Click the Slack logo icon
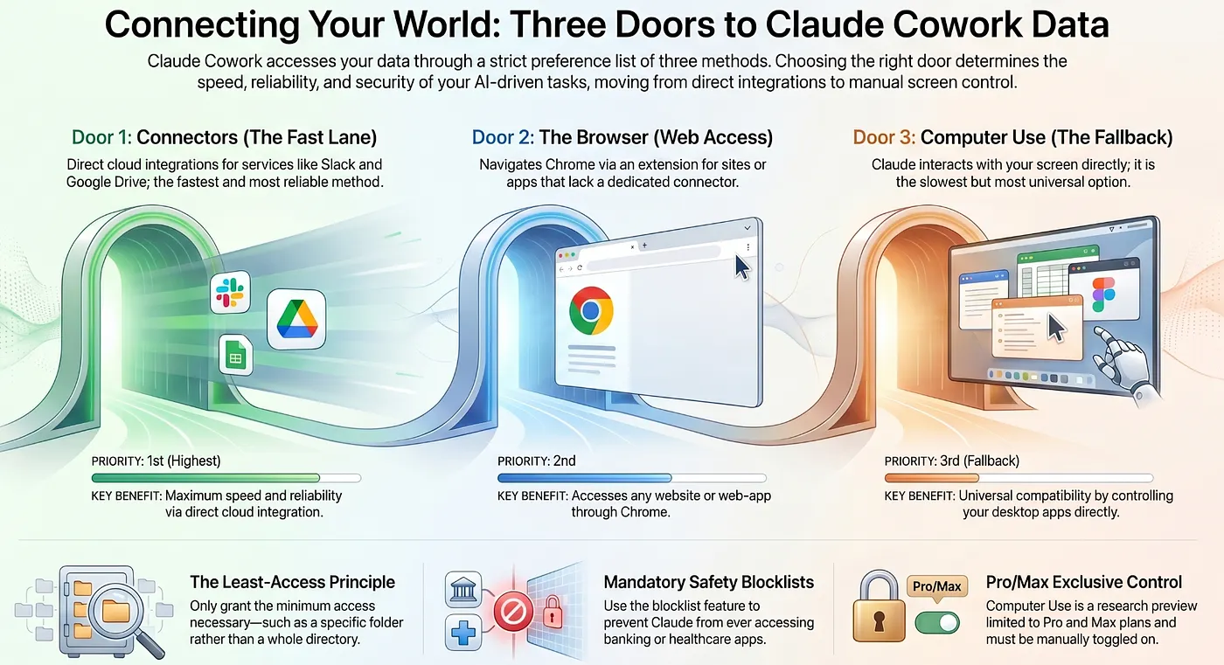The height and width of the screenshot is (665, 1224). click(x=230, y=292)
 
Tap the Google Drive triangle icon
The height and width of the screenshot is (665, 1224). click(x=296, y=320)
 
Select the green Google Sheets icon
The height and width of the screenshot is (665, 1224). click(x=236, y=355)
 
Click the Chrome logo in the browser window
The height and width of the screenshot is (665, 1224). click(x=591, y=311)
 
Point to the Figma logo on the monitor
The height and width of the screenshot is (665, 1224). click(x=1103, y=294)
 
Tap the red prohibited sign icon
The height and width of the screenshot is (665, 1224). click(x=514, y=611)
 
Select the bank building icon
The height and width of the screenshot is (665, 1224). click(x=463, y=590)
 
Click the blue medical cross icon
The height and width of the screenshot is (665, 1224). click(x=463, y=633)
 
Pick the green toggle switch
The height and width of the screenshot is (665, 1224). click(x=937, y=623)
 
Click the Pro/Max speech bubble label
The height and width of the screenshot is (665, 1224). click(x=936, y=587)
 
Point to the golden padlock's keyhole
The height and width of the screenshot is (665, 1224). click(x=879, y=621)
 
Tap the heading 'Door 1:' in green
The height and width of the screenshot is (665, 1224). click(x=101, y=137)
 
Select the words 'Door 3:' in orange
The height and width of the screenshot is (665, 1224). click(x=884, y=137)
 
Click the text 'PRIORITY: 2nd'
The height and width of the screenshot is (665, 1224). click(x=537, y=461)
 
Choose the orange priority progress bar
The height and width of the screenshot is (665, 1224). click(x=932, y=478)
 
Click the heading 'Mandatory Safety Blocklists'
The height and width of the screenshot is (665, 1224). click(x=709, y=582)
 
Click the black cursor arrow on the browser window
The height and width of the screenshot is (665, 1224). click(x=741, y=267)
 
